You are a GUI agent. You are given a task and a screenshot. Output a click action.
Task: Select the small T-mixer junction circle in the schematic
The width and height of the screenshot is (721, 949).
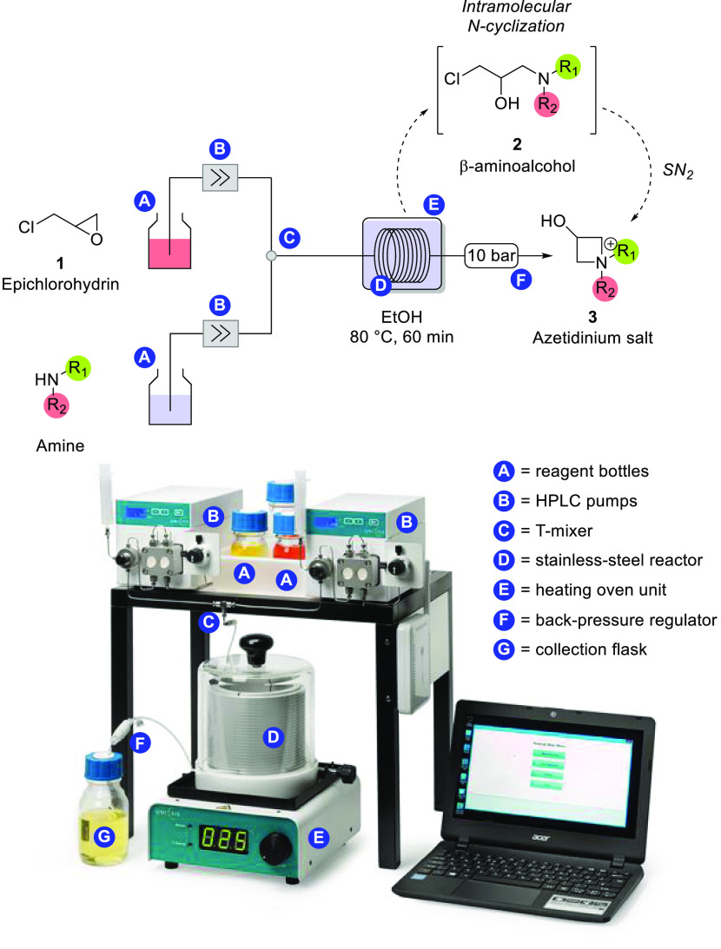pyautogui.click(x=271, y=256)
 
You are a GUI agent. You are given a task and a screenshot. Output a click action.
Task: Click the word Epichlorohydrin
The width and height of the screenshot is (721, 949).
pyautogui.click(x=65, y=280)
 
